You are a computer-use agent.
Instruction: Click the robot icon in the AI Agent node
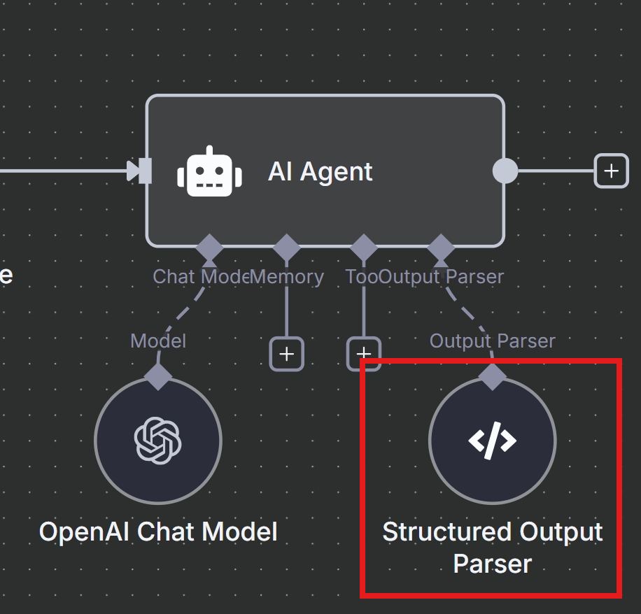pos(209,171)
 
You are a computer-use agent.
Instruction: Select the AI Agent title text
pos(320,171)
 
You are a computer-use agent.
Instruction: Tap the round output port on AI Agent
pos(505,171)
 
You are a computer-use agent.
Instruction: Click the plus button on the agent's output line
pos(611,171)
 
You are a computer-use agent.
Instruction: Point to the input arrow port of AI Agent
pos(141,171)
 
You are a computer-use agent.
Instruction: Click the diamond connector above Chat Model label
pos(209,248)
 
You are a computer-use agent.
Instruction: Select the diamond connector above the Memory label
pos(286,248)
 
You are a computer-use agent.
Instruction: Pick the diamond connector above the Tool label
pos(363,248)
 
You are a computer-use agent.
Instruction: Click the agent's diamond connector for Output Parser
pos(440,248)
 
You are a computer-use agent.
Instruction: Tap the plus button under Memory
pos(286,354)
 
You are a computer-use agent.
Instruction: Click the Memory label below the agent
pos(288,277)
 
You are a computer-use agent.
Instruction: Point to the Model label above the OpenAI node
pos(158,341)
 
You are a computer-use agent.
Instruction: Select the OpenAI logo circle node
pos(158,441)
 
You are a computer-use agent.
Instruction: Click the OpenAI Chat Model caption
pos(158,532)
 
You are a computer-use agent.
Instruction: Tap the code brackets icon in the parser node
pos(492,441)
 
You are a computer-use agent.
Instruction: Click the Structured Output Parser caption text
pos(492,548)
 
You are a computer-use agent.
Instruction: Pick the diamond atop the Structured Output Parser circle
pos(492,376)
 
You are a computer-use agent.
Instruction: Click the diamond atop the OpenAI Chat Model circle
pos(158,376)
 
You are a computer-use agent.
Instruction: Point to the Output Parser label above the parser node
pos(492,341)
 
